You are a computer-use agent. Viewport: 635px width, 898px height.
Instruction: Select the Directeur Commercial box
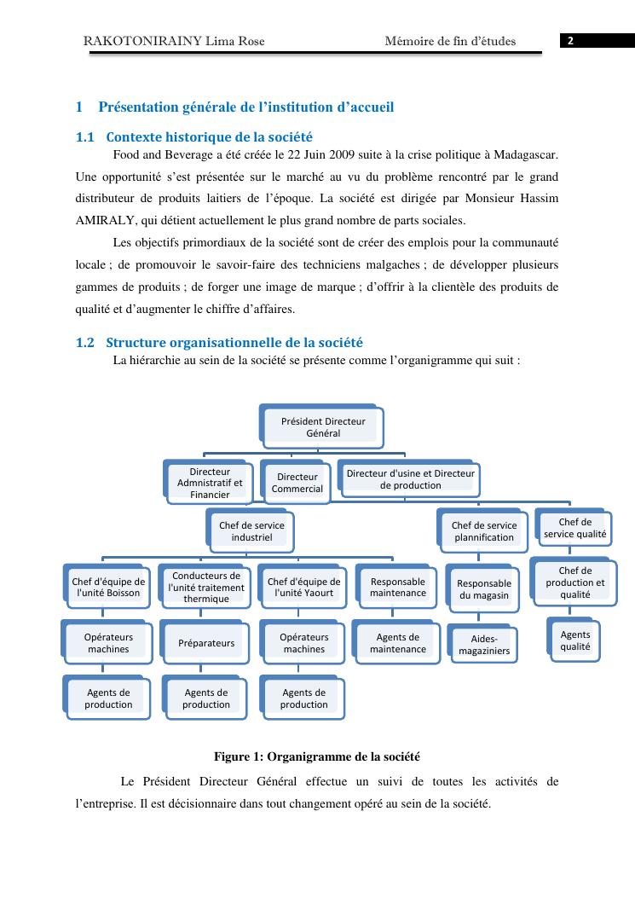[297, 483]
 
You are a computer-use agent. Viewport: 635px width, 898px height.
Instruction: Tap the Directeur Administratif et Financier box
[210, 483]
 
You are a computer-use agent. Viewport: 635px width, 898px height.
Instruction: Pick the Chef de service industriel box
[251, 531]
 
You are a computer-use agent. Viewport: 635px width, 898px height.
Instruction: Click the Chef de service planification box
[483, 531]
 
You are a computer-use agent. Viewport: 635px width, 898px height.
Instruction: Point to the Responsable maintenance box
[398, 587]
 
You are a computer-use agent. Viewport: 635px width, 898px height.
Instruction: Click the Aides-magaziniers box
[484, 645]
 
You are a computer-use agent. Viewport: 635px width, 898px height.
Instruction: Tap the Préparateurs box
[206, 643]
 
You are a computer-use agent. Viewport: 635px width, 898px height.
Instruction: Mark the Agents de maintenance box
[398, 643]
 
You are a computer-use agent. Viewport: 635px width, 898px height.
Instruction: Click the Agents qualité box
[575, 640]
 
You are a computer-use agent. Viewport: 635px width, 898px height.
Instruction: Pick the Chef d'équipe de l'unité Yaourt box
[304, 587]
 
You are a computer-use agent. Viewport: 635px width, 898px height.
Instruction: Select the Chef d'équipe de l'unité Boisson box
[109, 587]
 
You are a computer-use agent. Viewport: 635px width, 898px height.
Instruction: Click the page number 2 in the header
[571, 41]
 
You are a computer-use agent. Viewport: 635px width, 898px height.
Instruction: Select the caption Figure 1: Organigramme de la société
[317, 756]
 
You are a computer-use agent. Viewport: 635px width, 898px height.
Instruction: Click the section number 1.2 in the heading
[85, 343]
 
